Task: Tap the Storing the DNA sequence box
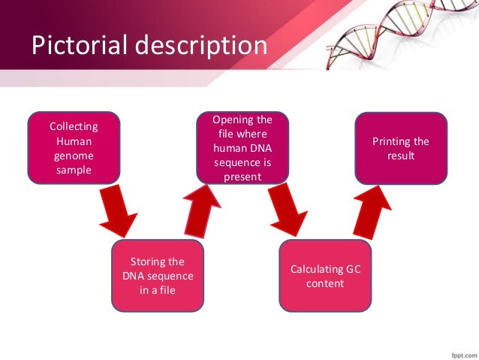point(157,275)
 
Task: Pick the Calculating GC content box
point(325,275)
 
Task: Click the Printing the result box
point(400,148)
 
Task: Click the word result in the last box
point(400,156)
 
